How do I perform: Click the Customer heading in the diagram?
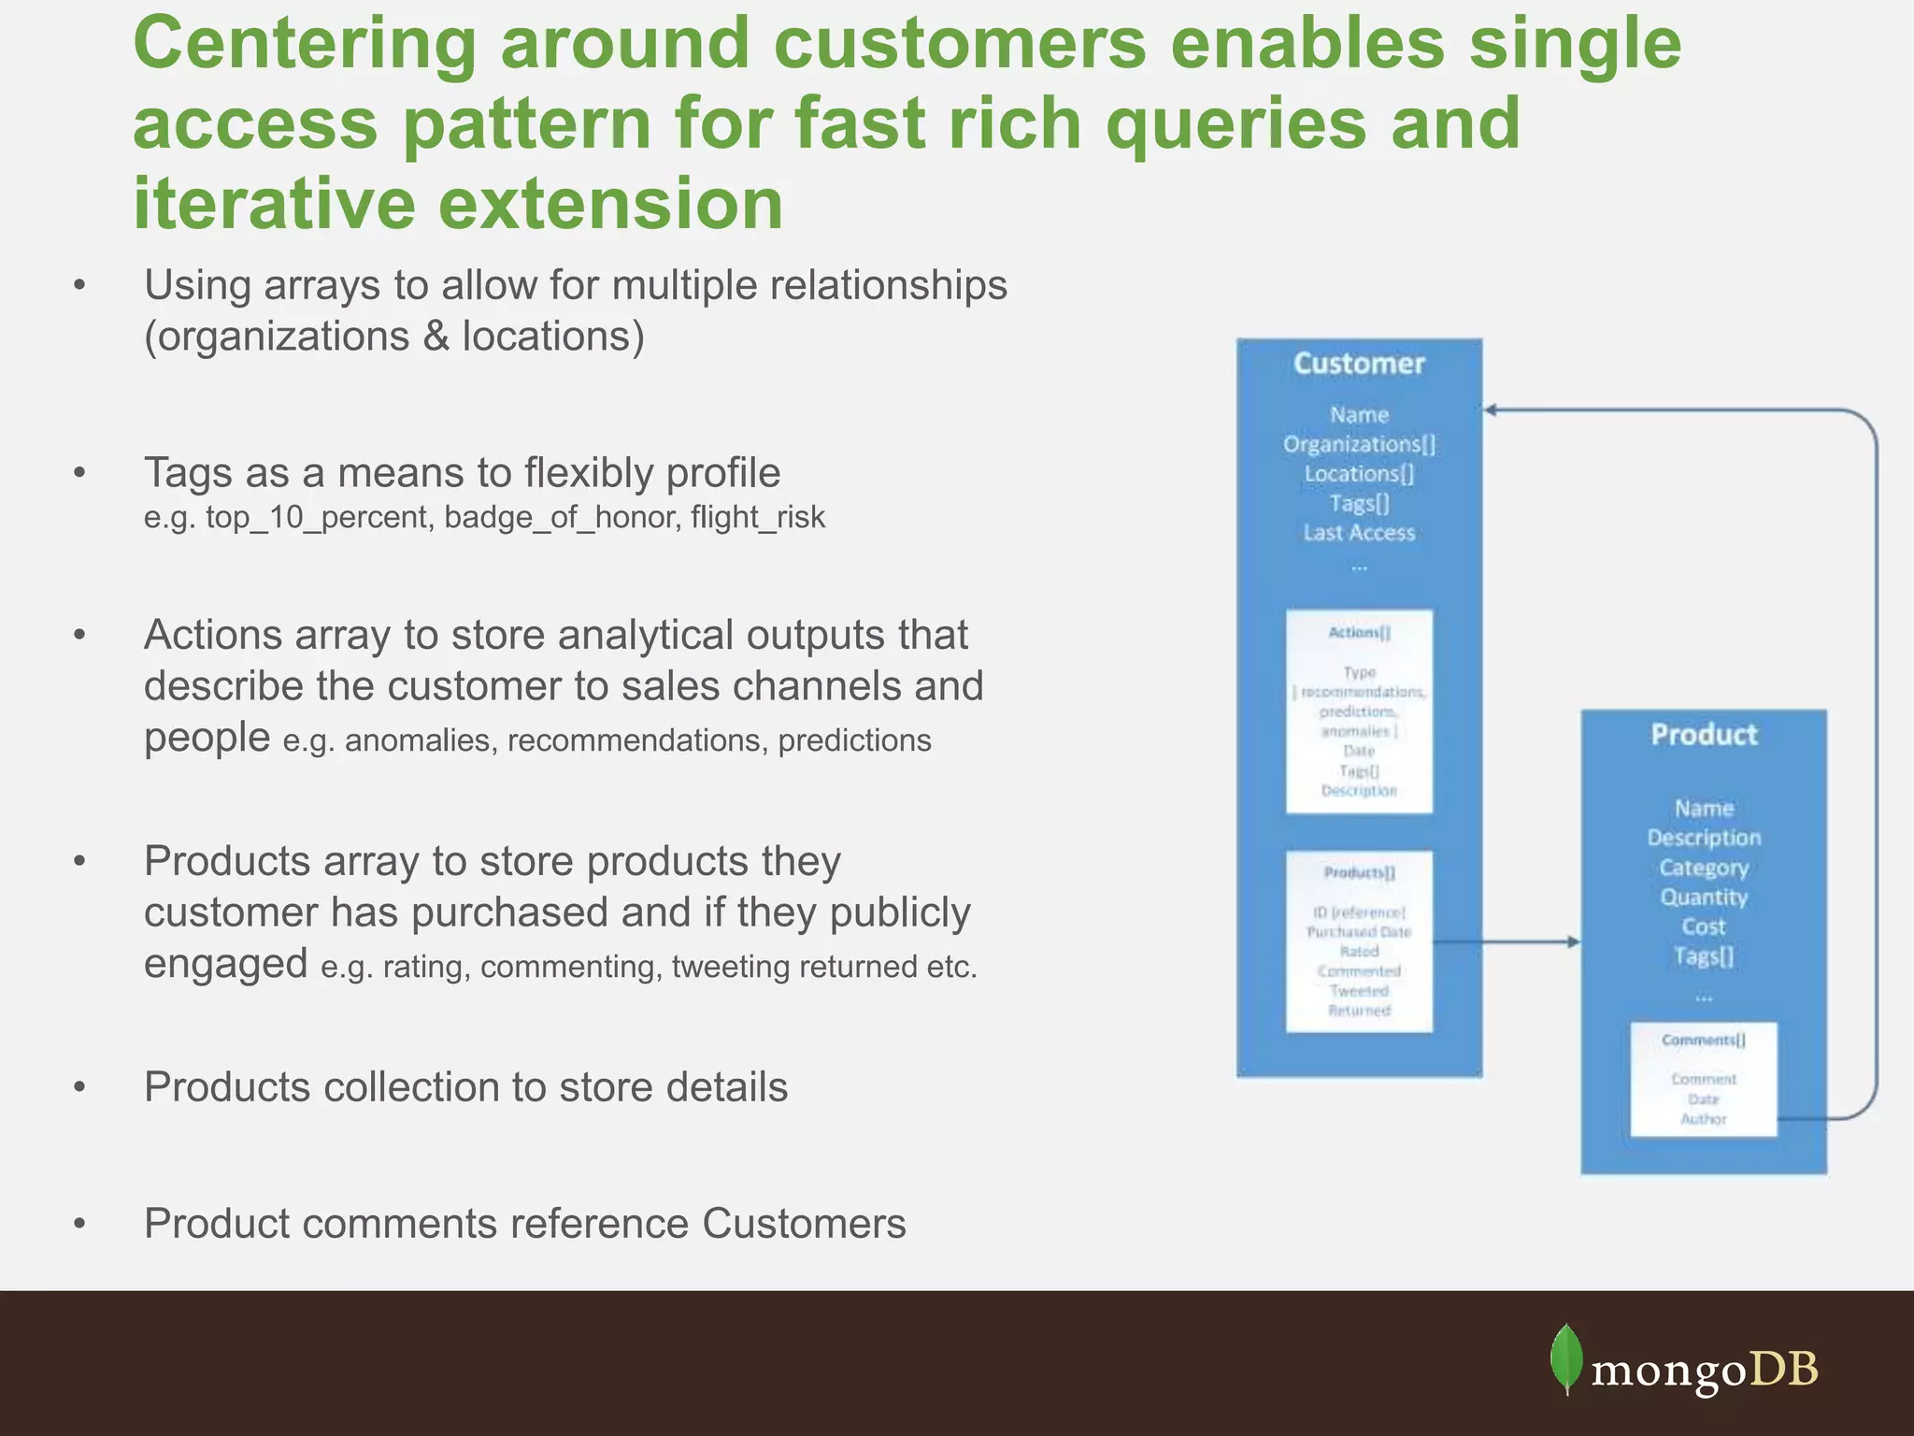[1359, 364]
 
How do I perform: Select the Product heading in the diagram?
[1703, 735]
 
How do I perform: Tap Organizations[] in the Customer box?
[1359, 444]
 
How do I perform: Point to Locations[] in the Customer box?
[1359, 474]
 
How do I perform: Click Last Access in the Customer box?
[1359, 533]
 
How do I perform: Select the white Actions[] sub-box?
[1359, 711]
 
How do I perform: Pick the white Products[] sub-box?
[1359, 941]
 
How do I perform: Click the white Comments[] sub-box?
[1703, 1080]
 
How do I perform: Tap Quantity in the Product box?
[1703, 897]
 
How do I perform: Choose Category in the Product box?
[1703, 868]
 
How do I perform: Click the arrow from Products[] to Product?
[1505, 941]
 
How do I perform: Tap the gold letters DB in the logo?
[1783, 1370]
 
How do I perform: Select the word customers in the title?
[959, 44]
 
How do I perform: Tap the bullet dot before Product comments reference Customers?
[79, 1224]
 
